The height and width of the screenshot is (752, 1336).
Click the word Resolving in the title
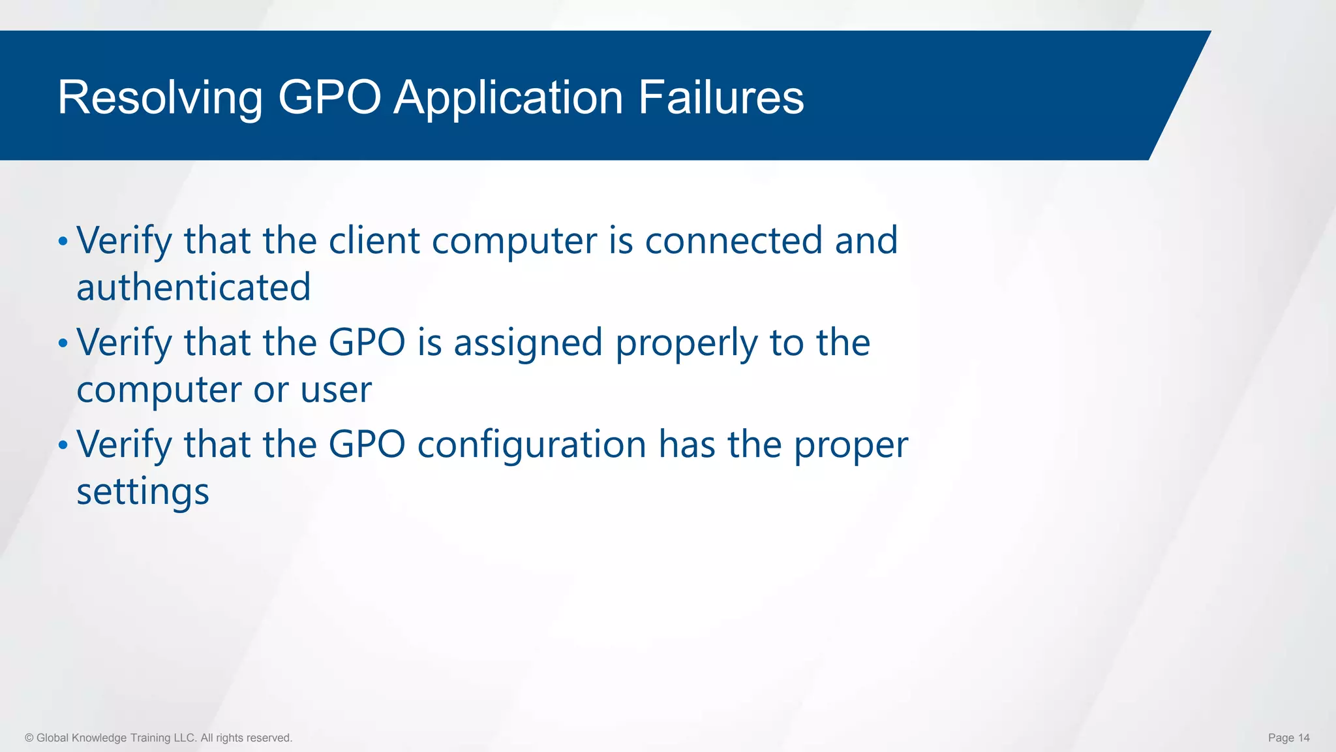160,98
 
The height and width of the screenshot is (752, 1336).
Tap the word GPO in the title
329,98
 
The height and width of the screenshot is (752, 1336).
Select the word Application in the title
508,98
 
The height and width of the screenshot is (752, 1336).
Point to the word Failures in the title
721,98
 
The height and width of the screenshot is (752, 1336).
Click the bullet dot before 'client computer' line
63,242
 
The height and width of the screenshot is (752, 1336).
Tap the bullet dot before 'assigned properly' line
63,343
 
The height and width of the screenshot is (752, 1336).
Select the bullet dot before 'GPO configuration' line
63,445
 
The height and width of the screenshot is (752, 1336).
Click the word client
374,240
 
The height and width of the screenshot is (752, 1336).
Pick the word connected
733,240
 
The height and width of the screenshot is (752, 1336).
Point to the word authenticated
194,287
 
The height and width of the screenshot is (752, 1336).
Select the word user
336,390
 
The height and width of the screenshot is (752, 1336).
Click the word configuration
532,445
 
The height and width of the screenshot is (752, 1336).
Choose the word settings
143,492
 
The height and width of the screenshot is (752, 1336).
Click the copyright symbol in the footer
29,738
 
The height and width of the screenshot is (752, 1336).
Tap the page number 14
1303,738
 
